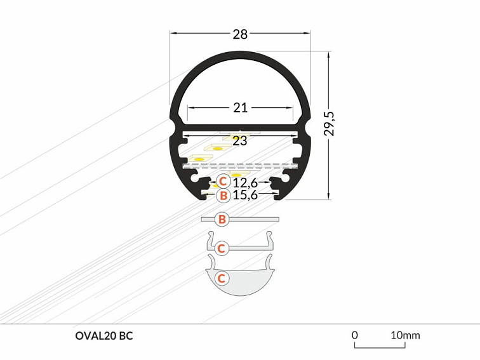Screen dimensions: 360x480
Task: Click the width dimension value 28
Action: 240,34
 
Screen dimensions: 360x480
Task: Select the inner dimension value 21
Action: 240,108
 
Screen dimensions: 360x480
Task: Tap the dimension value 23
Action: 239,141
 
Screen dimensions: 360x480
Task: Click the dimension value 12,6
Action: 244,183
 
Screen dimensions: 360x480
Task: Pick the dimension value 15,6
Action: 245,195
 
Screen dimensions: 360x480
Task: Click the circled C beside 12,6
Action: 223,182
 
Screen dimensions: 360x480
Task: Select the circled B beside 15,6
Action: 223,196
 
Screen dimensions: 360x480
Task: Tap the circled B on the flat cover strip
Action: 222,220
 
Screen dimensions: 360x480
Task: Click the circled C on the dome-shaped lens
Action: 222,278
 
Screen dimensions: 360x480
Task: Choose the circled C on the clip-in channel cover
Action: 221,248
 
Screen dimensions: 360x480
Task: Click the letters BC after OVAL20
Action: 126,336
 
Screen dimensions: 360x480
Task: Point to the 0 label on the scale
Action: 355,335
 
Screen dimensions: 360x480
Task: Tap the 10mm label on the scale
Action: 404,335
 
